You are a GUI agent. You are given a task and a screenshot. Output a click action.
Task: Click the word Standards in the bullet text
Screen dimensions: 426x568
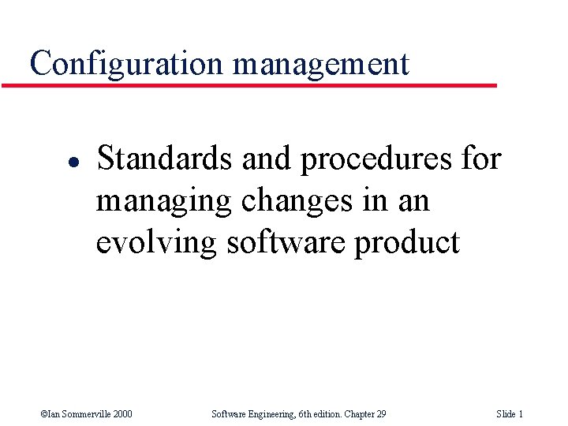[165, 159]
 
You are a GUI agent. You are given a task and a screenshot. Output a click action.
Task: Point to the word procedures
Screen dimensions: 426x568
[376, 159]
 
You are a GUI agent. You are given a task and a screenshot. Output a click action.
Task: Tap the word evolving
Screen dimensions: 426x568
[156, 242]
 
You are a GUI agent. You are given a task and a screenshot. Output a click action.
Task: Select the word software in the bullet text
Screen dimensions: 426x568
[286, 242]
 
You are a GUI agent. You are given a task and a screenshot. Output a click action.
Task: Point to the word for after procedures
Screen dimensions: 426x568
[480, 159]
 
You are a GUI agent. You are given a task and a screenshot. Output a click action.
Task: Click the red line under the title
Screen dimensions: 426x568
[249, 84]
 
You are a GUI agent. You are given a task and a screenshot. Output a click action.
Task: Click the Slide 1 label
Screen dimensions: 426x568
[510, 414]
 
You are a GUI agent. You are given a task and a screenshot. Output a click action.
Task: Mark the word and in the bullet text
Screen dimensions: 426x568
[266, 159]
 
